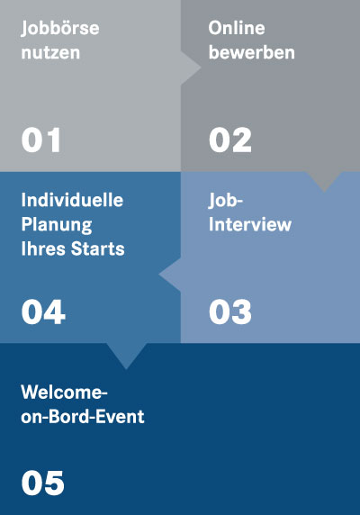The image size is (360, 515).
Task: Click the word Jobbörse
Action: (60, 29)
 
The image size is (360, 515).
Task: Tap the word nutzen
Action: (50, 52)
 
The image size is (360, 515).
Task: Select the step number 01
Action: (41, 140)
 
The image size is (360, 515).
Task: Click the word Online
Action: (237, 28)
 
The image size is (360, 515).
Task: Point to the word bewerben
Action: (252, 52)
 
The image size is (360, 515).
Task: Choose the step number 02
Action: (230, 140)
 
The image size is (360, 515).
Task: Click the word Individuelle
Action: (72, 200)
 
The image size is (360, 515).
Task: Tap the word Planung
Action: (57, 225)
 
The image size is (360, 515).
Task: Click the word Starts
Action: (98, 248)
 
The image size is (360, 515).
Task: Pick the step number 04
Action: (43, 312)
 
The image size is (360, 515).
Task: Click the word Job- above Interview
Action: (226, 201)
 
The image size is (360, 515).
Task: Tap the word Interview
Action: (250, 224)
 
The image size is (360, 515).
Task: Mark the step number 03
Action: (230, 312)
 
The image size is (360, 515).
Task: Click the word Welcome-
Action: (64, 392)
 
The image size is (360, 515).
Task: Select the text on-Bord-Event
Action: (83, 417)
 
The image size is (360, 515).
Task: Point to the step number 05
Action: (42, 483)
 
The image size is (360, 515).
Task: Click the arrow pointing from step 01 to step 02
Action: (191, 68)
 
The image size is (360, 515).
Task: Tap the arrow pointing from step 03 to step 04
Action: (170, 275)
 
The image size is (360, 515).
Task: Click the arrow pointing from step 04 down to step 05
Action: (126, 356)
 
